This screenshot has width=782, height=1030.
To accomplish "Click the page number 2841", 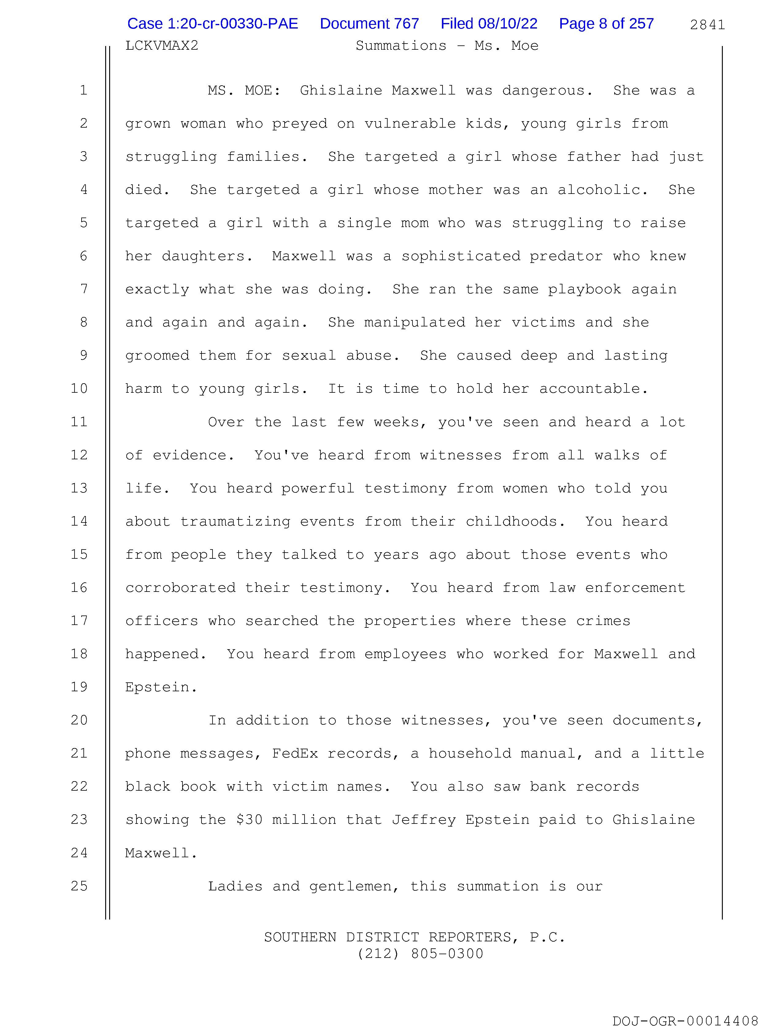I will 707,25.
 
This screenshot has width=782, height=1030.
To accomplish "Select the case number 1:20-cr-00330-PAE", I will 213,24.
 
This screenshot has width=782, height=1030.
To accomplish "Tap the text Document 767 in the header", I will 369,24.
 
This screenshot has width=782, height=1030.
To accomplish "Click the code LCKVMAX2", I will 162,46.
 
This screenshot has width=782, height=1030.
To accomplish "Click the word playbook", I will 584,289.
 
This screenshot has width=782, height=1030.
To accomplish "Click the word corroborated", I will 180,588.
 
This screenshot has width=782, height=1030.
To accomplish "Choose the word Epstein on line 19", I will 161,687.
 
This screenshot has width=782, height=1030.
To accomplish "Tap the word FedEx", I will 295,754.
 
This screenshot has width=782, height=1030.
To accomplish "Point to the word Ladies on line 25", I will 235,886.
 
